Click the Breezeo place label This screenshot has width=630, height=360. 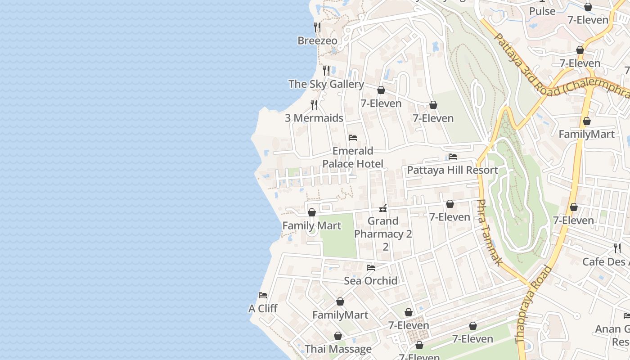click(317, 40)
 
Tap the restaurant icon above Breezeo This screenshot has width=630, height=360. click(317, 27)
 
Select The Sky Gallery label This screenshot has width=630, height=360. click(326, 84)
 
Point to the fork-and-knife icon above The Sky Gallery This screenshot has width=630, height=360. click(326, 71)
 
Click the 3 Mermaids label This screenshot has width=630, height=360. click(314, 118)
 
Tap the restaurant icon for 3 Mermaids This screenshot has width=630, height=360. click(314, 105)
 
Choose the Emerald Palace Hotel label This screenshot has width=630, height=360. click(353, 157)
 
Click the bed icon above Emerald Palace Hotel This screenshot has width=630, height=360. click(353, 137)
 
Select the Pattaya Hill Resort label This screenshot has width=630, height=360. click(452, 170)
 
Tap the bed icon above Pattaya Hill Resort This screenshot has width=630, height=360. click(453, 157)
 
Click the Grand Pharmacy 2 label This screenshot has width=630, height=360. click(383, 227)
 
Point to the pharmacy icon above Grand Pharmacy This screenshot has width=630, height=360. click(383, 208)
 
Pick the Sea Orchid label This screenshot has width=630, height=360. click(371, 281)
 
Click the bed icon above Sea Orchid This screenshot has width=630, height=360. click(371, 268)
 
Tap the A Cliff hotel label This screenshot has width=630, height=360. click(263, 309)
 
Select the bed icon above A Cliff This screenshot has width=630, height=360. click(263, 295)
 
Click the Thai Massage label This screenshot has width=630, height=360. click(338, 349)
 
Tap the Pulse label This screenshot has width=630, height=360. click(542, 11)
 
